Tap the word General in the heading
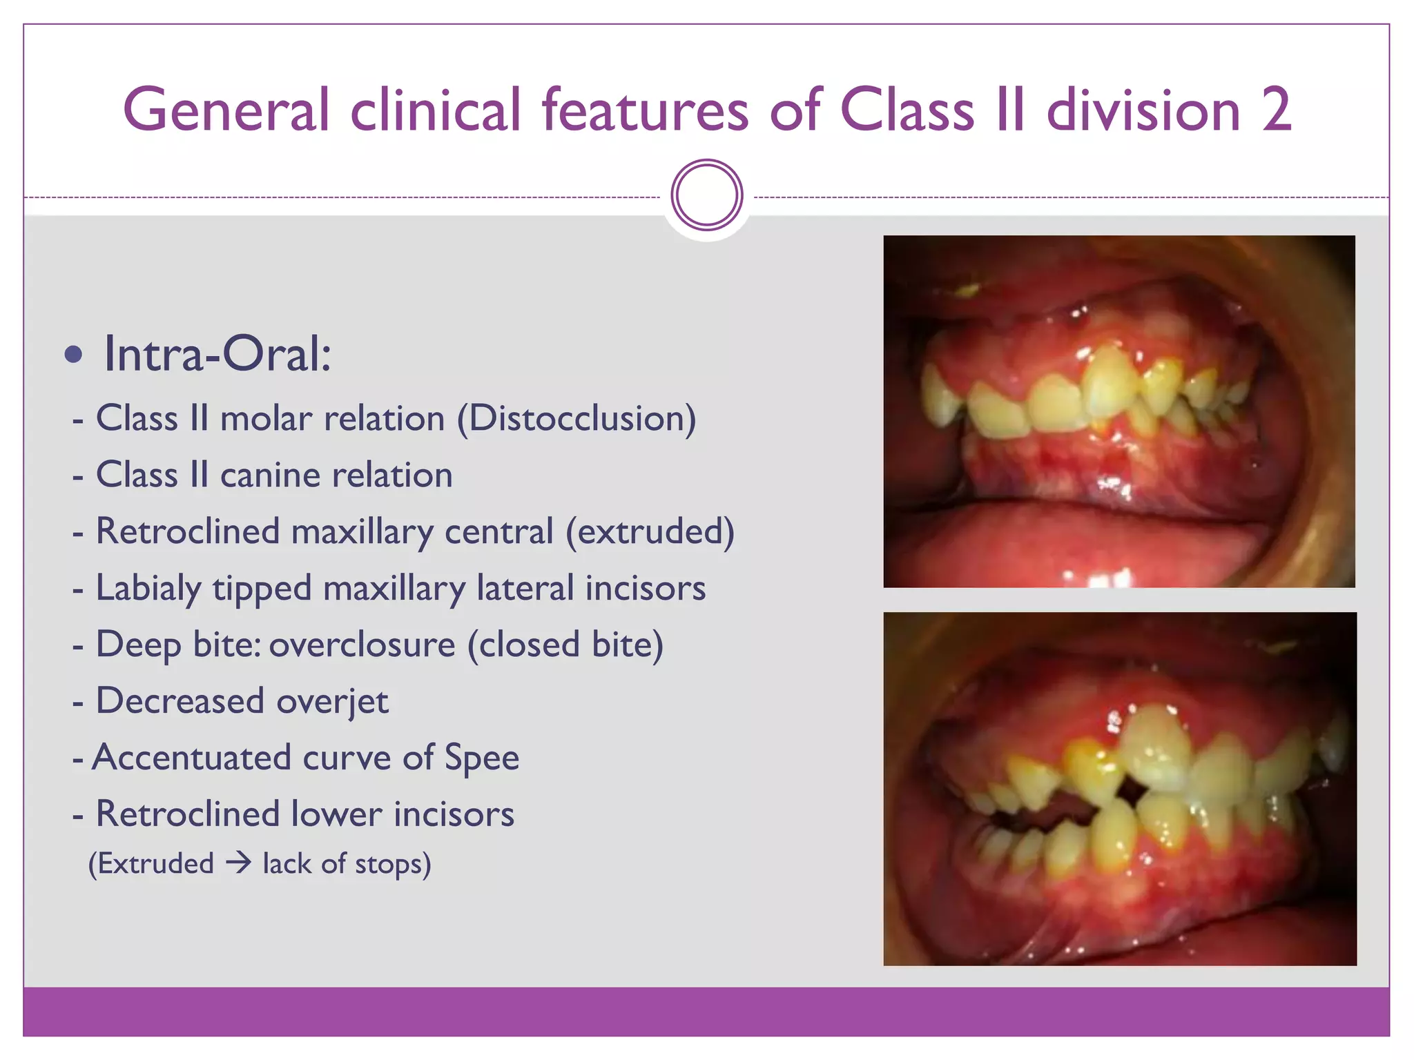click(x=226, y=110)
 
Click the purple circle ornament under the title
click(x=706, y=195)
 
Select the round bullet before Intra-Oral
click(x=73, y=355)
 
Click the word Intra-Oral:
click(x=217, y=354)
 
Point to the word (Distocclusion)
click(x=577, y=419)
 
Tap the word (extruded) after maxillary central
click(x=650, y=532)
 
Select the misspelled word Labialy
click(x=148, y=589)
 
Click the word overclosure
click(x=362, y=645)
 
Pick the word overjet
click(x=333, y=702)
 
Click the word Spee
click(x=481, y=758)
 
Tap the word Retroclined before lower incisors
click(x=187, y=814)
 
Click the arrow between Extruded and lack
click(x=238, y=863)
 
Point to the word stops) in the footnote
click(x=393, y=864)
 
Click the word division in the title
click(x=1143, y=110)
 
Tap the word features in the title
click(x=645, y=110)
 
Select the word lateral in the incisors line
click(x=525, y=589)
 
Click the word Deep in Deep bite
click(x=138, y=645)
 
